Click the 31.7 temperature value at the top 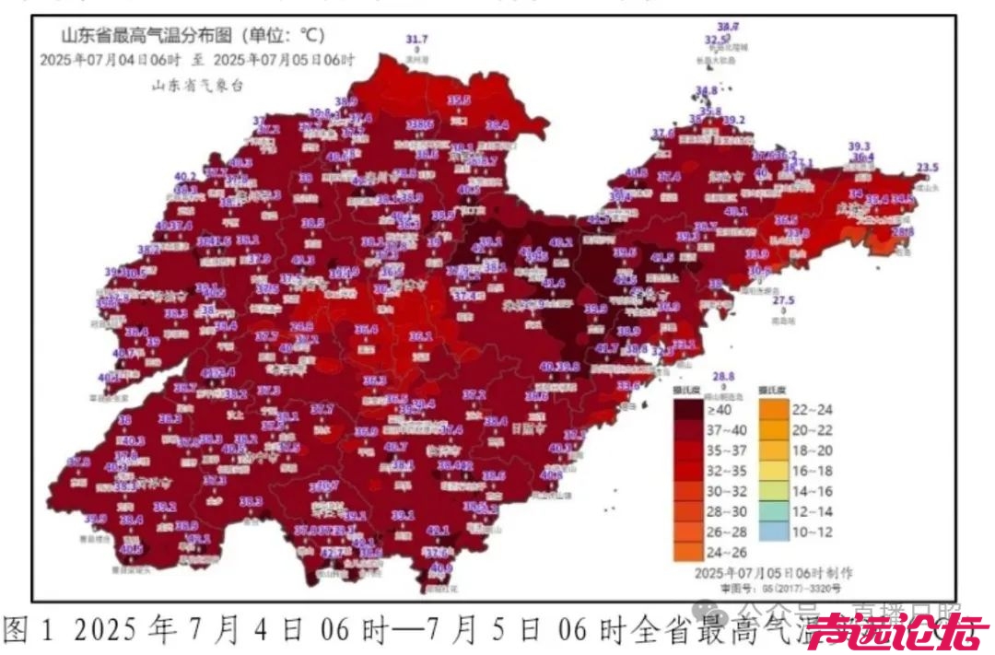coord(417,40)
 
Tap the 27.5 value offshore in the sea coord(783,300)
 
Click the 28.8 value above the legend coord(724,376)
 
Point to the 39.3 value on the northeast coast coord(859,146)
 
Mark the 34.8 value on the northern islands coord(706,90)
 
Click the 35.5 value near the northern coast coord(459,99)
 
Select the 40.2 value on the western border coord(185,176)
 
